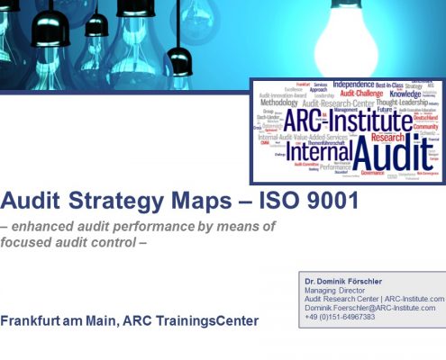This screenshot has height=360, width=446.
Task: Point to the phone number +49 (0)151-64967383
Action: pos(341,317)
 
